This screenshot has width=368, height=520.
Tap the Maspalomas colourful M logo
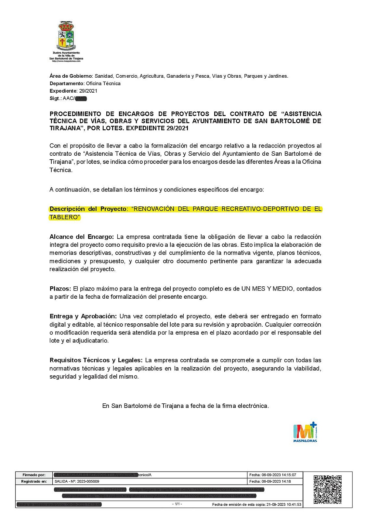tap(305, 432)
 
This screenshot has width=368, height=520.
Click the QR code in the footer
tap(327, 489)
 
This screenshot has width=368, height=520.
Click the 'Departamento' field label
tap(67, 84)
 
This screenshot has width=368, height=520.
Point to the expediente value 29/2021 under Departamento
tap(88, 91)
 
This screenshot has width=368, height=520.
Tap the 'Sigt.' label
tap(55, 98)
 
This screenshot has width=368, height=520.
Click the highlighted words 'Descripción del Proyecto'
tap(88, 209)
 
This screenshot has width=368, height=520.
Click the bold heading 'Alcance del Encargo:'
tap(82, 237)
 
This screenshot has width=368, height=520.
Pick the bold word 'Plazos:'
tap(60, 289)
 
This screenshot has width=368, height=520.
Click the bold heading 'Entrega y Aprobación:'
tap(83, 316)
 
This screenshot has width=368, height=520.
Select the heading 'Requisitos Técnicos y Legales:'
tap(96, 360)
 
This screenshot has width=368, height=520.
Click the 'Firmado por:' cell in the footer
tap(34, 475)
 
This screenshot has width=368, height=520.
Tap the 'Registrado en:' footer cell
tap(34, 481)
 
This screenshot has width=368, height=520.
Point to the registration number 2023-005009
tap(88, 481)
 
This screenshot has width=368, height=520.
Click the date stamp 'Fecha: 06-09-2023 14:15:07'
tap(272, 475)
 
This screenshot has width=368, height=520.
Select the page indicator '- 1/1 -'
tap(177, 504)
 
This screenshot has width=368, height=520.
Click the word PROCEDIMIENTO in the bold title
tap(75, 114)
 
